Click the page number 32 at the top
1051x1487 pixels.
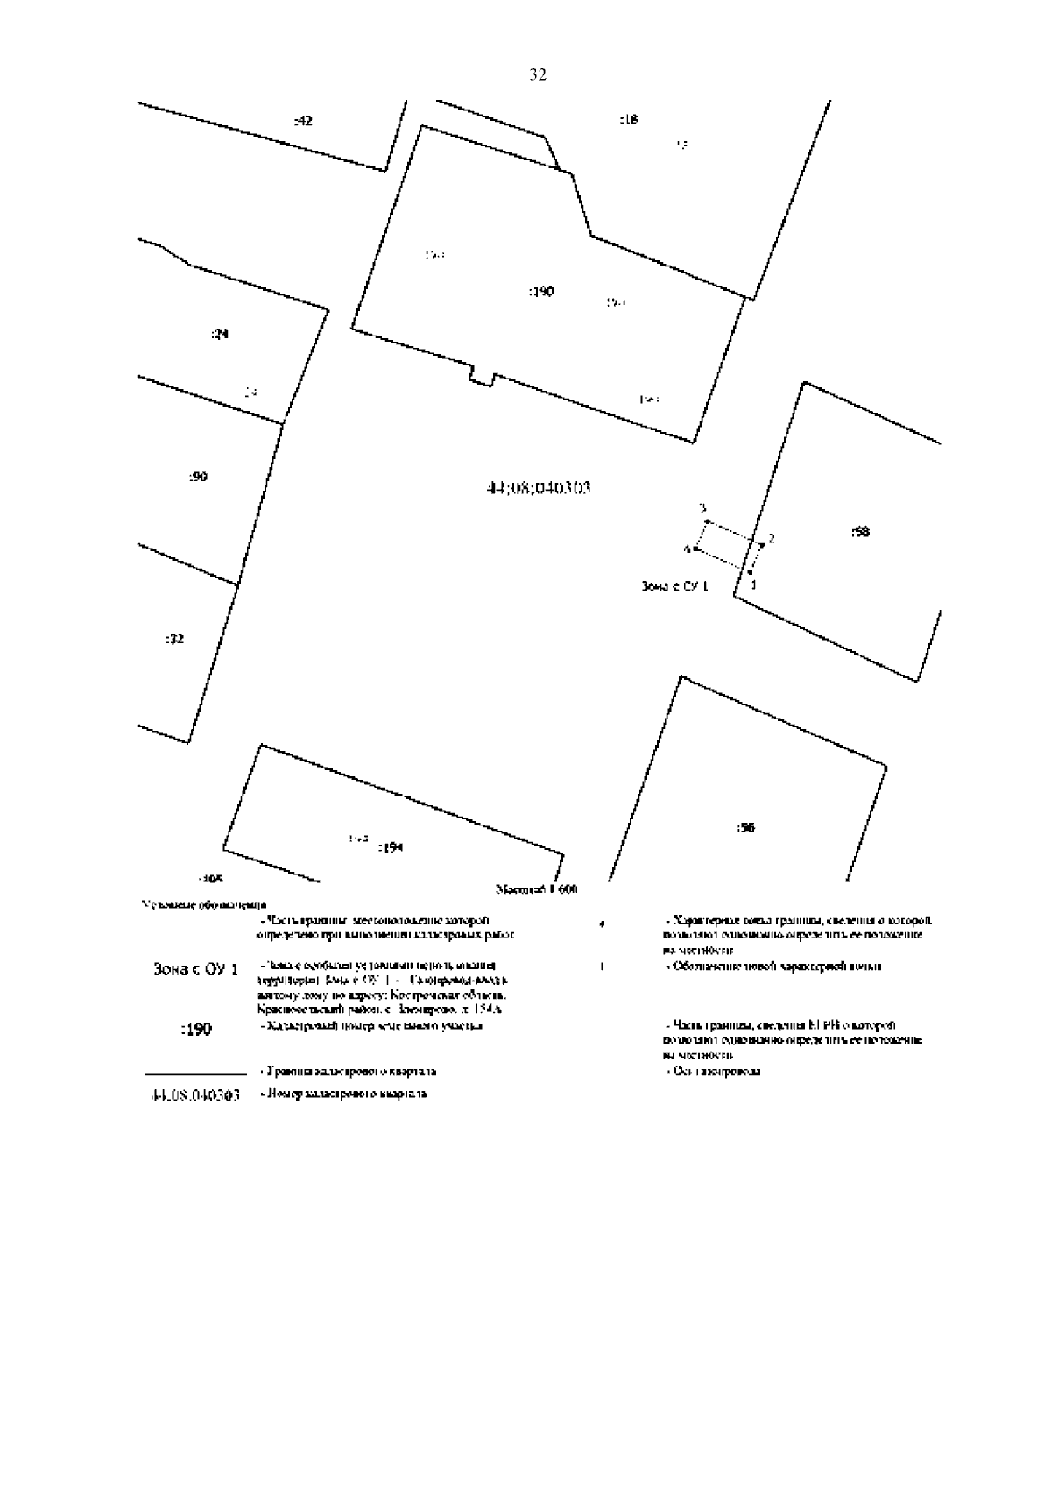point(538,75)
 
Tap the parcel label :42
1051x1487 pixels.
point(302,121)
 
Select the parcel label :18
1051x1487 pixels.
point(629,119)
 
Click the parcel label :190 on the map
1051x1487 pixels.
point(541,292)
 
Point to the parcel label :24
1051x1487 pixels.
point(220,334)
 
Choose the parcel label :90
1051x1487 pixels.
point(198,477)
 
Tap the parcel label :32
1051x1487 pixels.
point(175,639)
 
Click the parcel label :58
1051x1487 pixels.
point(860,532)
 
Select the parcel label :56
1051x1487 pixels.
point(745,827)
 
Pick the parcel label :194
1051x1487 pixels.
point(390,847)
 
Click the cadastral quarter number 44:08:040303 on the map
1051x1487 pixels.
point(538,487)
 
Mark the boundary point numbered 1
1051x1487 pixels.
point(751,572)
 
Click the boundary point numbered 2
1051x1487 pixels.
point(762,545)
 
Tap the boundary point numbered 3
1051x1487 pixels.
point(707,521)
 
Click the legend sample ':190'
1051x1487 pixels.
point(195,1030)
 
